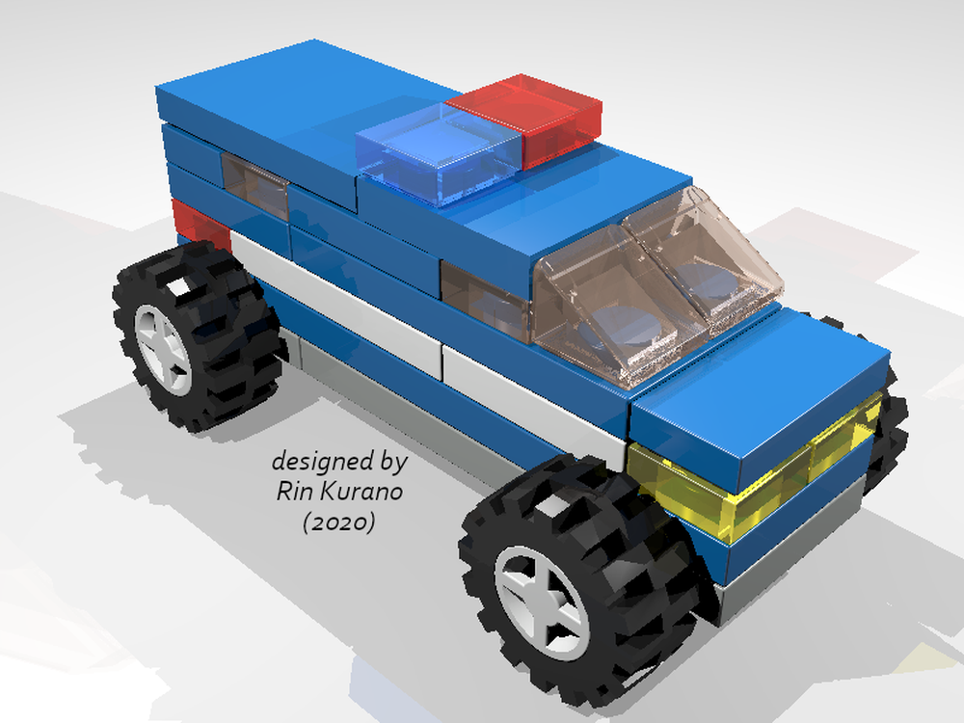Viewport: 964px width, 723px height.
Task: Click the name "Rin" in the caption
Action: coord(292,493)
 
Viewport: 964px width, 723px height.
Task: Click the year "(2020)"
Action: coord(337,523)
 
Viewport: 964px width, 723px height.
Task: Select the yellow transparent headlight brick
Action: coord(733,477)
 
